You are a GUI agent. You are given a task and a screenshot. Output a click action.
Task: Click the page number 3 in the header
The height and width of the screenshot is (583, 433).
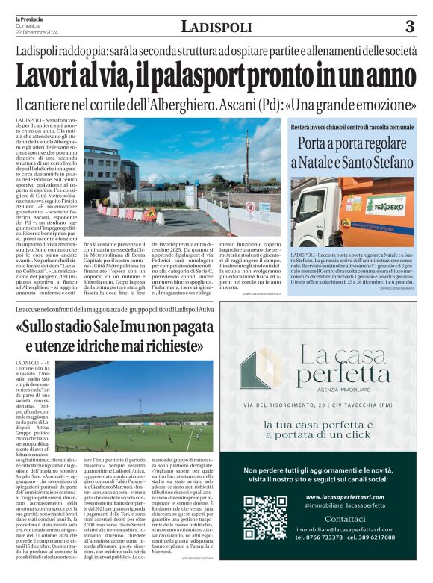click(409, 27)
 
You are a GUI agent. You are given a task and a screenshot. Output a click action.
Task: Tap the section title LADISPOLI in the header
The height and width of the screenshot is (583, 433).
click(216, 28)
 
